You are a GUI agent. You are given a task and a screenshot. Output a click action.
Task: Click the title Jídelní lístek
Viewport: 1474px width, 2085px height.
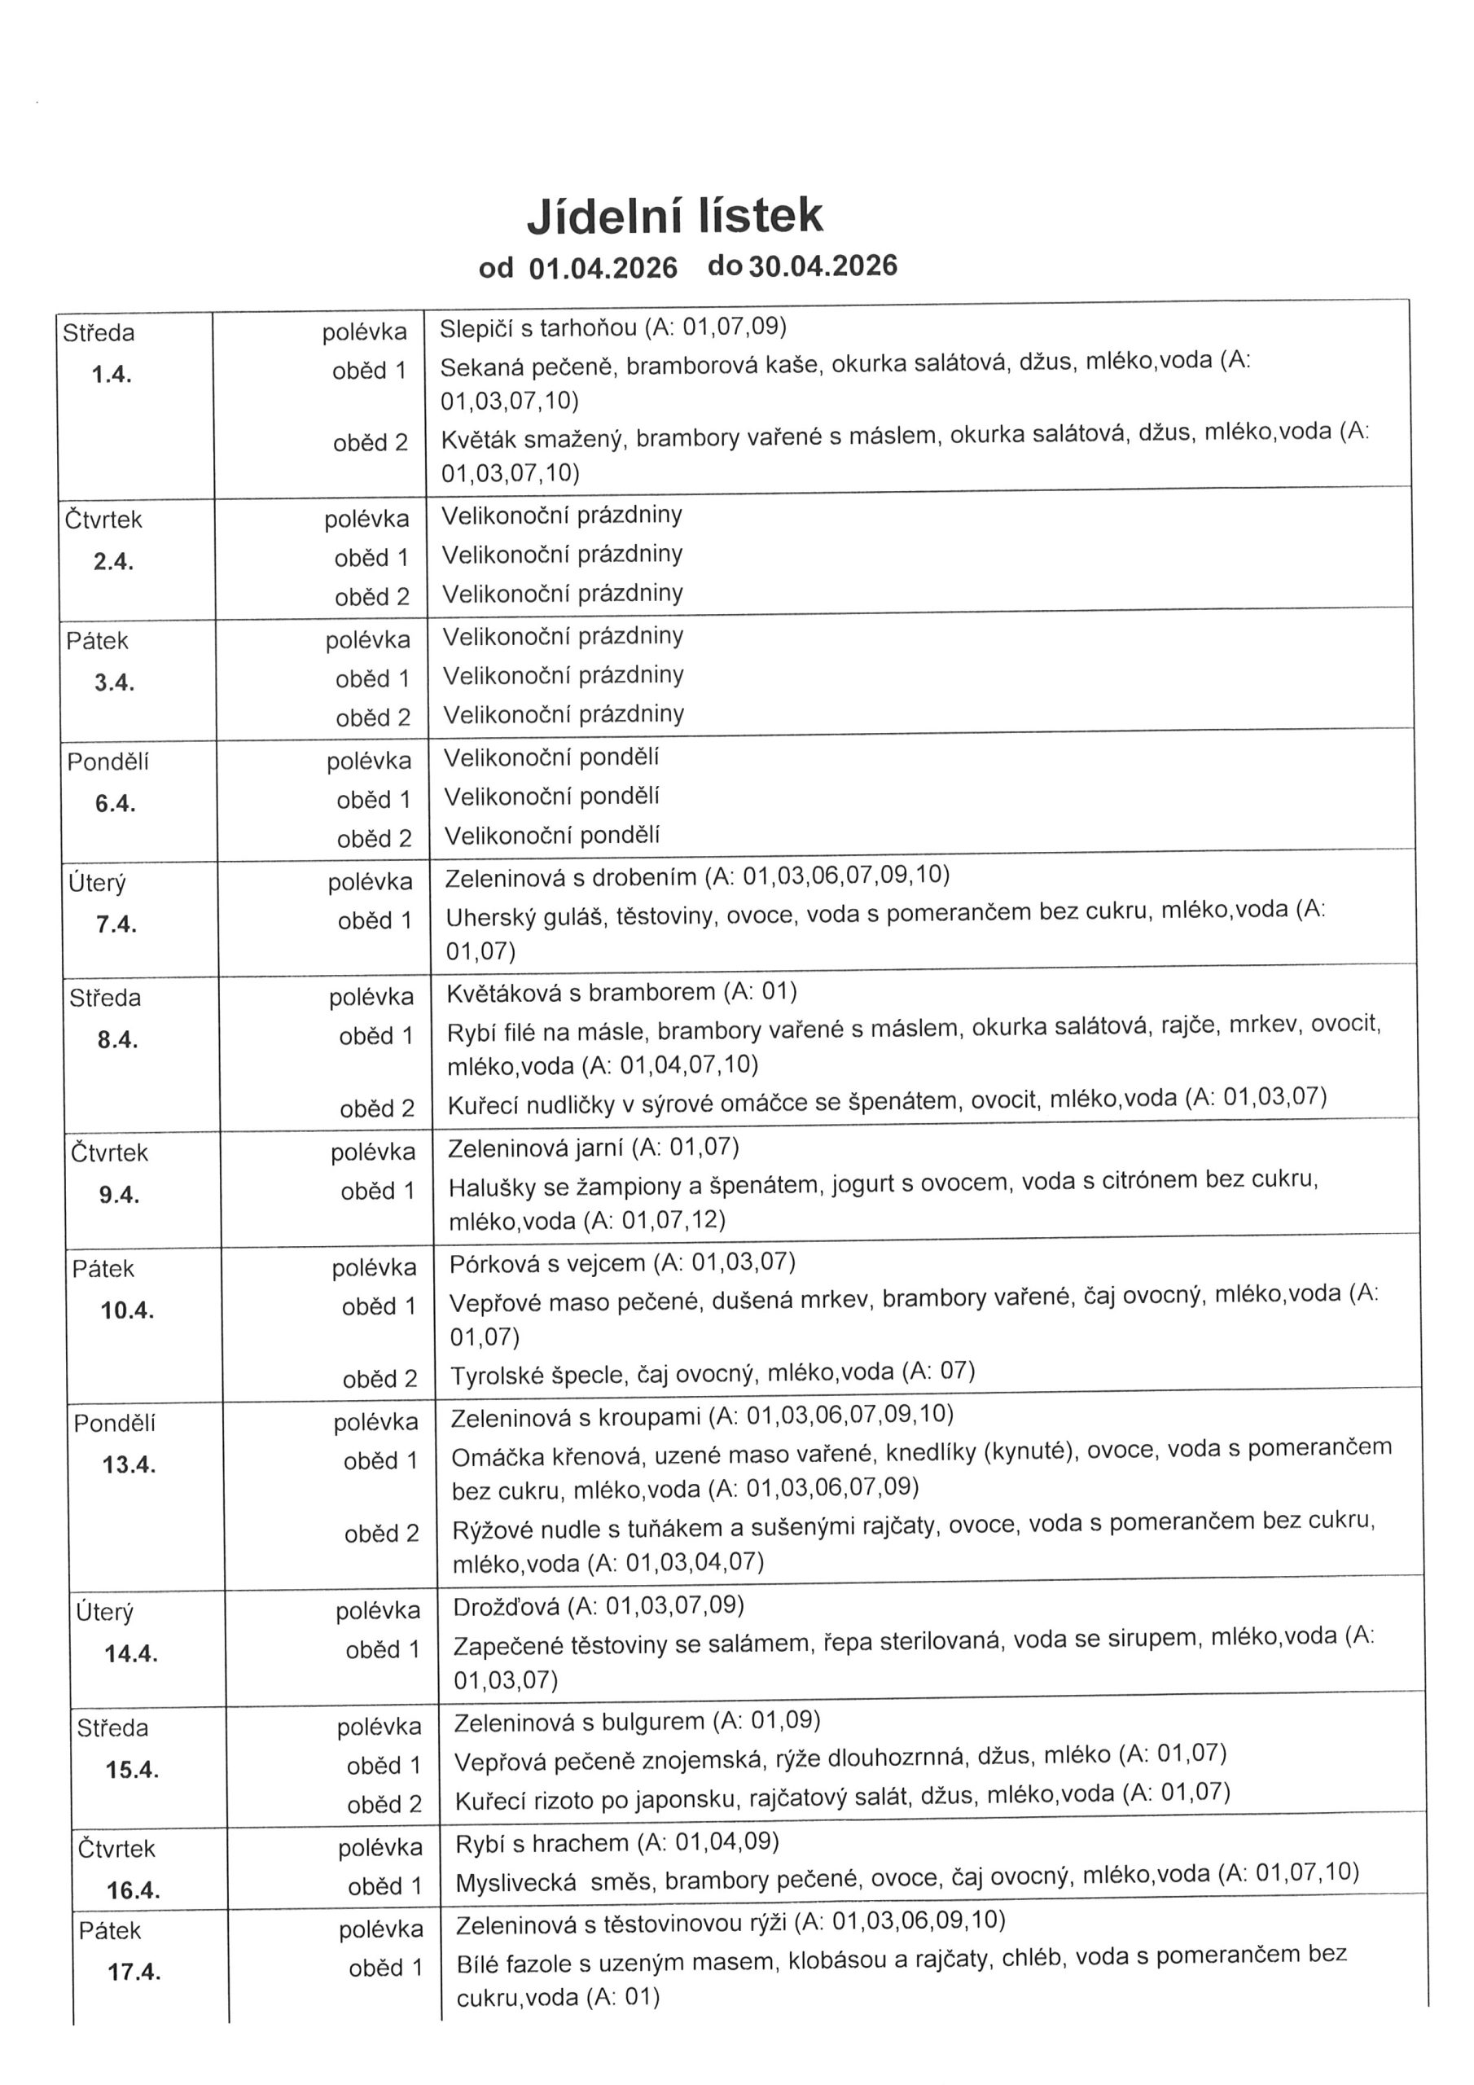click(x=675, y=216)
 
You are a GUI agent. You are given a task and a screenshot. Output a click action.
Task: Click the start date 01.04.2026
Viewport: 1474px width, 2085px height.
click(x=603, y=268)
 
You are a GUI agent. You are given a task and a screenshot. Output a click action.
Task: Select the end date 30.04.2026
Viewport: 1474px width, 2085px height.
click(x=823, y=266)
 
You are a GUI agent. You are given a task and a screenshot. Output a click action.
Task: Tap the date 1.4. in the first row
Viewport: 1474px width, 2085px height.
click(x=112, y=374)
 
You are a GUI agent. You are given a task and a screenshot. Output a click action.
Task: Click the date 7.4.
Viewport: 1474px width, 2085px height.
click(x=116, y=924)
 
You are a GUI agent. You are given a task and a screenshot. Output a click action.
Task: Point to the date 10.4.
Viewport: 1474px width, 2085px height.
click(x=127, y=1310)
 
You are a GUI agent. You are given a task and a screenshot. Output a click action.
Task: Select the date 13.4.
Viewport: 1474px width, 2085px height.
click(x=129, y=1464)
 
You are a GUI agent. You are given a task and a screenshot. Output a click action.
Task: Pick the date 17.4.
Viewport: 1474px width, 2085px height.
click(x=134, y=1973)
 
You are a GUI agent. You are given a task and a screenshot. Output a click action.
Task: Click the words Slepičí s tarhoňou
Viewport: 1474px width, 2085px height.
click(x=538, y=328)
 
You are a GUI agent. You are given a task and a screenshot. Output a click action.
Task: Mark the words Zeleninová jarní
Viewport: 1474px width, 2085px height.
click(x=535, y=1148)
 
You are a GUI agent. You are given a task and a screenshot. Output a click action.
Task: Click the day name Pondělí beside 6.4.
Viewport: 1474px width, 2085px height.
click(x=107, y=762)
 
